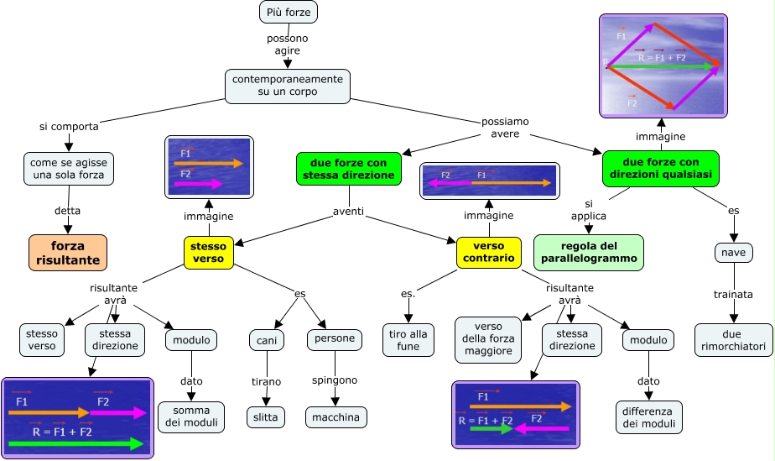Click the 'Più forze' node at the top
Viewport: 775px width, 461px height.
click(289, 13)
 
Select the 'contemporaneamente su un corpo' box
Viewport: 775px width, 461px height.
click(287, 85)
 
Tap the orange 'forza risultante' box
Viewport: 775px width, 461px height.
click(68, 253)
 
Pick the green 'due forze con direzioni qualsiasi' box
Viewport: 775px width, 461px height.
click(661, 168)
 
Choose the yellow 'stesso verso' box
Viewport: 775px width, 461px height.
click(208, 253)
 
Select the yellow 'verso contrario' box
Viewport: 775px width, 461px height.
click(488, 253)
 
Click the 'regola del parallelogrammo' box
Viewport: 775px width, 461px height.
click(589, 253)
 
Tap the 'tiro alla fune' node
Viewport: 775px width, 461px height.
click(408, 340)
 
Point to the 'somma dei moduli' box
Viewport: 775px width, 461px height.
click(191, 416)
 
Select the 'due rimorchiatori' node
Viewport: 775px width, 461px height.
click(734, 340)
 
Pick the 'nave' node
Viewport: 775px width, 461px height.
click(734, 252)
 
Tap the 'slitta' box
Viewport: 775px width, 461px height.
click(268, 416)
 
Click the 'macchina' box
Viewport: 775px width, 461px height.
click(335, 416)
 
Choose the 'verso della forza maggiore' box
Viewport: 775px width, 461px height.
click(488, 340)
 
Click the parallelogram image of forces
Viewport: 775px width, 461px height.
click(663, 65)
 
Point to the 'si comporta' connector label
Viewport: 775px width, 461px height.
click(69, 127)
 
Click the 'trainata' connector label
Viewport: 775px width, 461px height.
click(734, 295)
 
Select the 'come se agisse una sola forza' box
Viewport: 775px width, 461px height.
click(68, 168)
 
